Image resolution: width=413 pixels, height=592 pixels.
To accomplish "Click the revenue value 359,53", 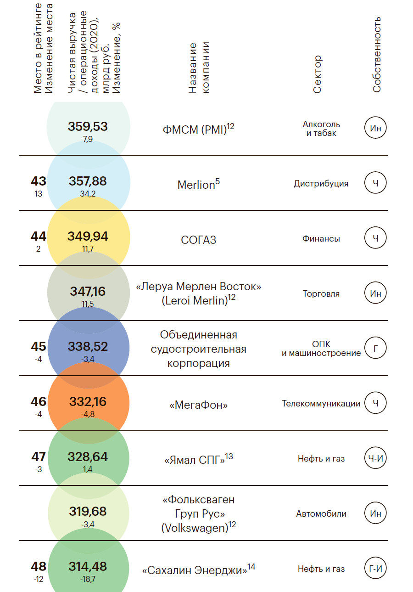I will pos(88,126).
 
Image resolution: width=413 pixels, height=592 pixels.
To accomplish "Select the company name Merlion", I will pos(196,185).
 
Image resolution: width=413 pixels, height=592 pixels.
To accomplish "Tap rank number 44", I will pos(39,237).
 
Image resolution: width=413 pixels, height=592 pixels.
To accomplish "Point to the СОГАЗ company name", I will pos(199,239).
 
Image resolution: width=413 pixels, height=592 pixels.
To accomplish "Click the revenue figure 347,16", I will pos(88,291).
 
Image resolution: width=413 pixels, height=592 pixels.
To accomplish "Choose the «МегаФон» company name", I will pos(199,405).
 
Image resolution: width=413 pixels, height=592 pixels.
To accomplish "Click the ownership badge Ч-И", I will pos(376,458).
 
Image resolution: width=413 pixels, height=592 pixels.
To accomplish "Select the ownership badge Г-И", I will pos(376,569).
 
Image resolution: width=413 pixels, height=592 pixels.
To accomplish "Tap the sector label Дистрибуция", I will pos(321,184).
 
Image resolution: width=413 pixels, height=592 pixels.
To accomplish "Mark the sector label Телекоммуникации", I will pos(321,404).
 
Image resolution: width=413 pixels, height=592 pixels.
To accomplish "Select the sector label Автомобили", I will pos(321,514).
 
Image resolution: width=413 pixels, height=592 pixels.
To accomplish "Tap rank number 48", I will pos(39,567).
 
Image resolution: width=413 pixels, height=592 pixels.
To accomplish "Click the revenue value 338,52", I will pos(88,346).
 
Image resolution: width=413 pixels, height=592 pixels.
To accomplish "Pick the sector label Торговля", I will pos(321,294).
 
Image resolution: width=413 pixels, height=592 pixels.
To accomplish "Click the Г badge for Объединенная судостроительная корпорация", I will pos(376,349).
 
